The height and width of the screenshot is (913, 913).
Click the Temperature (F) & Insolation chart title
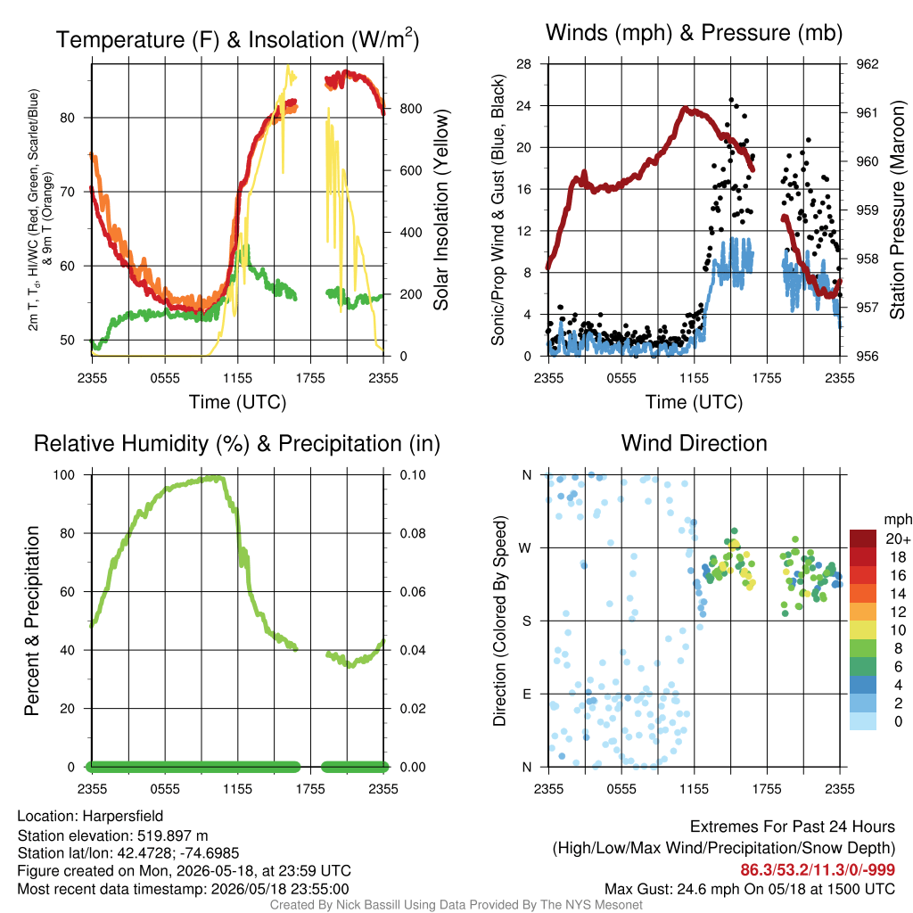click(x=237, y=39)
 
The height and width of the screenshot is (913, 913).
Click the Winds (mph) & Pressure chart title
click(x=694, y=33)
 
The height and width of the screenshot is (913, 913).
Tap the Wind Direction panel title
click(x=694, y=443)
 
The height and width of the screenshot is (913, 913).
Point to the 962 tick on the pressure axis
click(x=867, y=64)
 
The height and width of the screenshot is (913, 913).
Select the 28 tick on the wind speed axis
click(x=523, y=64)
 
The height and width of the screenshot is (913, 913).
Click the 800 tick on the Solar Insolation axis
click(x=411, y=109)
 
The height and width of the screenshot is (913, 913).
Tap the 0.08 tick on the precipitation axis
click(x=413, y=533)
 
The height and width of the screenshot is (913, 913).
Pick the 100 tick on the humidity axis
click(x=64, y=475)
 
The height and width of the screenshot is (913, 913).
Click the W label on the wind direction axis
click(x=525, y=548)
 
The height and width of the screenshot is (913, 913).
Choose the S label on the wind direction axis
click(x=526, y=621)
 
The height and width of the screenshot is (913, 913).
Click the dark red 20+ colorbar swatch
click(x=863, y=539)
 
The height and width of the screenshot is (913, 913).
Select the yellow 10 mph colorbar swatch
click(x=863, y=630)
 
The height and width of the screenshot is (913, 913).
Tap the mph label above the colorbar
click(x=897, y=520)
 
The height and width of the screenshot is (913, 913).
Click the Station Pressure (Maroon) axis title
click(x=897, y=210)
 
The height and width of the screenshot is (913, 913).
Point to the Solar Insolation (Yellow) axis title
click(x=441, y=210)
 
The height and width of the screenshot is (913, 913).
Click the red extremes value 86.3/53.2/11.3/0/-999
click(x=818, y=870)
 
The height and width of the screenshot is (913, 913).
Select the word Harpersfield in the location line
click(x=123, y=817)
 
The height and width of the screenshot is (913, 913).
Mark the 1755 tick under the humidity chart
click(x=310, y=789)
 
